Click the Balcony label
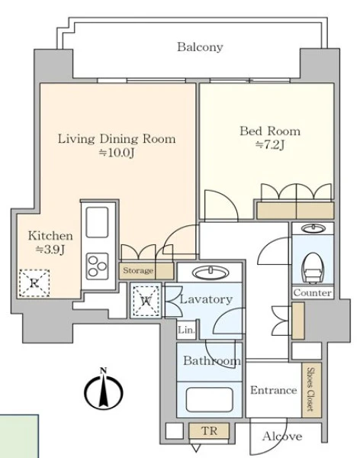pyautogui.click(x=200, y=47)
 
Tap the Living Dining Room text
pyautogui.click(x=117, y=139)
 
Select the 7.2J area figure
pyautogui.click(x=270, y=145)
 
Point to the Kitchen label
pyautogui.click(x=50, y=236)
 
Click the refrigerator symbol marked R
pyautogui.click(x=34, y=283)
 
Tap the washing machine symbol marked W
pyautogui.click(x=146, y=301)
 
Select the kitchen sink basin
pyautogui.click(x=97, y=222)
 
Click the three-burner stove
pyautogui.click(x=97, y=266)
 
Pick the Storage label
pyautogui.click(x=138, y=270)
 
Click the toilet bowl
pyautogui.click(x=312, y=268)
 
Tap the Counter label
pyautogui.click(x=313, y=292)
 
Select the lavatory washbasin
pyautogui.click(x=211, y=273)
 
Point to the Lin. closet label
pyautogui.click(x=186, y=330)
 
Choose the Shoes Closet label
pyautogui.click(x=311, y=389)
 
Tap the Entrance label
pyautogui.click(x=274, y=390)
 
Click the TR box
pyautogui.click(x=209, y=431)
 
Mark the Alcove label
pyautogui.click(x=282, y=437)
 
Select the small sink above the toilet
pyautogui.click(x=313, y=227)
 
